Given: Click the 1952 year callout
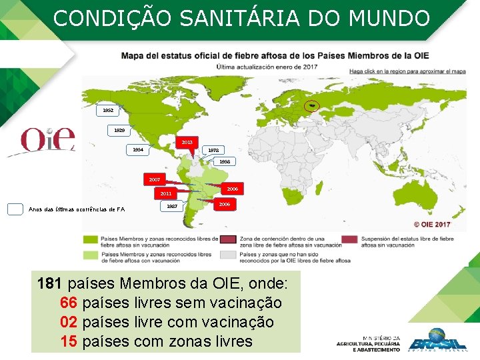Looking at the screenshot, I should (108, 109).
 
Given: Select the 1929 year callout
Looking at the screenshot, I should (119, 130).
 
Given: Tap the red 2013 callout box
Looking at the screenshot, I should (187, 142).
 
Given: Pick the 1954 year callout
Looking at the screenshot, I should (137, 150).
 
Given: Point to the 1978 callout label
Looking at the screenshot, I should (213, 150).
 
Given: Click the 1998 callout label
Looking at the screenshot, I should (225, 161).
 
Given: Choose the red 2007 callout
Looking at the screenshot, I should (155, 179).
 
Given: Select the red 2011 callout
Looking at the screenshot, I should (165, 193).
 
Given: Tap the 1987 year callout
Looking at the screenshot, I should (172, 207).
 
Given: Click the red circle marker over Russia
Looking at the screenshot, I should (311, 106).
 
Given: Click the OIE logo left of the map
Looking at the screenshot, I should (47, 139).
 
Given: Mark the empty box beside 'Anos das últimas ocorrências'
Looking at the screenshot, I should (15, 209).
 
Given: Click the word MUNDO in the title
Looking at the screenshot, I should (393, 19).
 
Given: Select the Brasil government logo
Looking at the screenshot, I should (437, 340).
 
